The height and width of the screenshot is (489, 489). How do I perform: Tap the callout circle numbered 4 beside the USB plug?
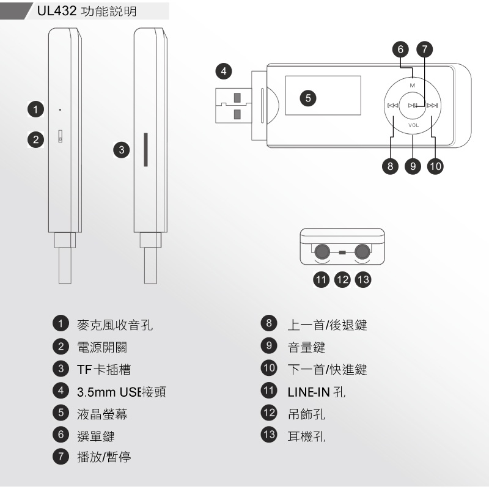[x=225, y=72]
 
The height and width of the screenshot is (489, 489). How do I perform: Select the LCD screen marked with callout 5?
[x=322, y=97]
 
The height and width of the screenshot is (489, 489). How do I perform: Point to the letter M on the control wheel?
[x=413, y=84]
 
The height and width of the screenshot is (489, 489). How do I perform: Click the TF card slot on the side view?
[x=145, y=149]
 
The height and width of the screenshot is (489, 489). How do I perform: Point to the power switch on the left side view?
[x=61, y=136]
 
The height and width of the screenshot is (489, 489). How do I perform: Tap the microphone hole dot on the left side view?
[x=60, y=110]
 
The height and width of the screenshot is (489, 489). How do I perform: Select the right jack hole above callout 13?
[x=362, y=251]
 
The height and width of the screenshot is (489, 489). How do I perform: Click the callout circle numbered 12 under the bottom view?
[x=342, y=279]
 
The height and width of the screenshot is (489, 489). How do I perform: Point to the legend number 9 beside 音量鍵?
[x=268, y=347]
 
